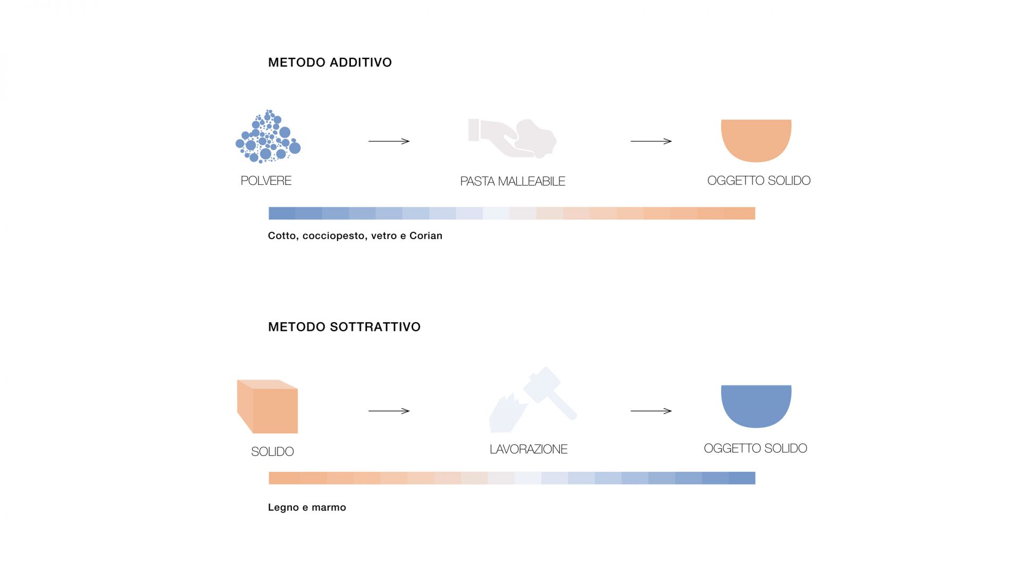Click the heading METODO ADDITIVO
coord(330,63)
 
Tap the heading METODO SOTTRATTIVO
coord(344,327)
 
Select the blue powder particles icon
coord(268,137)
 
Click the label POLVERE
coord(266,181)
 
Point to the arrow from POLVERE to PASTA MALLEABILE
coord(389,141)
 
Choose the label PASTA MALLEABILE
coord(512,182)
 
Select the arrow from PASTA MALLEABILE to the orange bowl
coord(651,141)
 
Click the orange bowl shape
coord(756,139)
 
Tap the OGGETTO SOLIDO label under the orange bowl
coord(758,181)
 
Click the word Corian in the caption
coord(426,236)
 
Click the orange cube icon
coord(267,407)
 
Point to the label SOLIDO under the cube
coord(272,452)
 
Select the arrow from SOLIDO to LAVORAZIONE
coord(389,411)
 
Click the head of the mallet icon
coord(542,384)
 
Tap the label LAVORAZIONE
coord(528,450)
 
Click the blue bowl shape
coord(756,405)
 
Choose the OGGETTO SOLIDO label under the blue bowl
coord(755,449)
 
